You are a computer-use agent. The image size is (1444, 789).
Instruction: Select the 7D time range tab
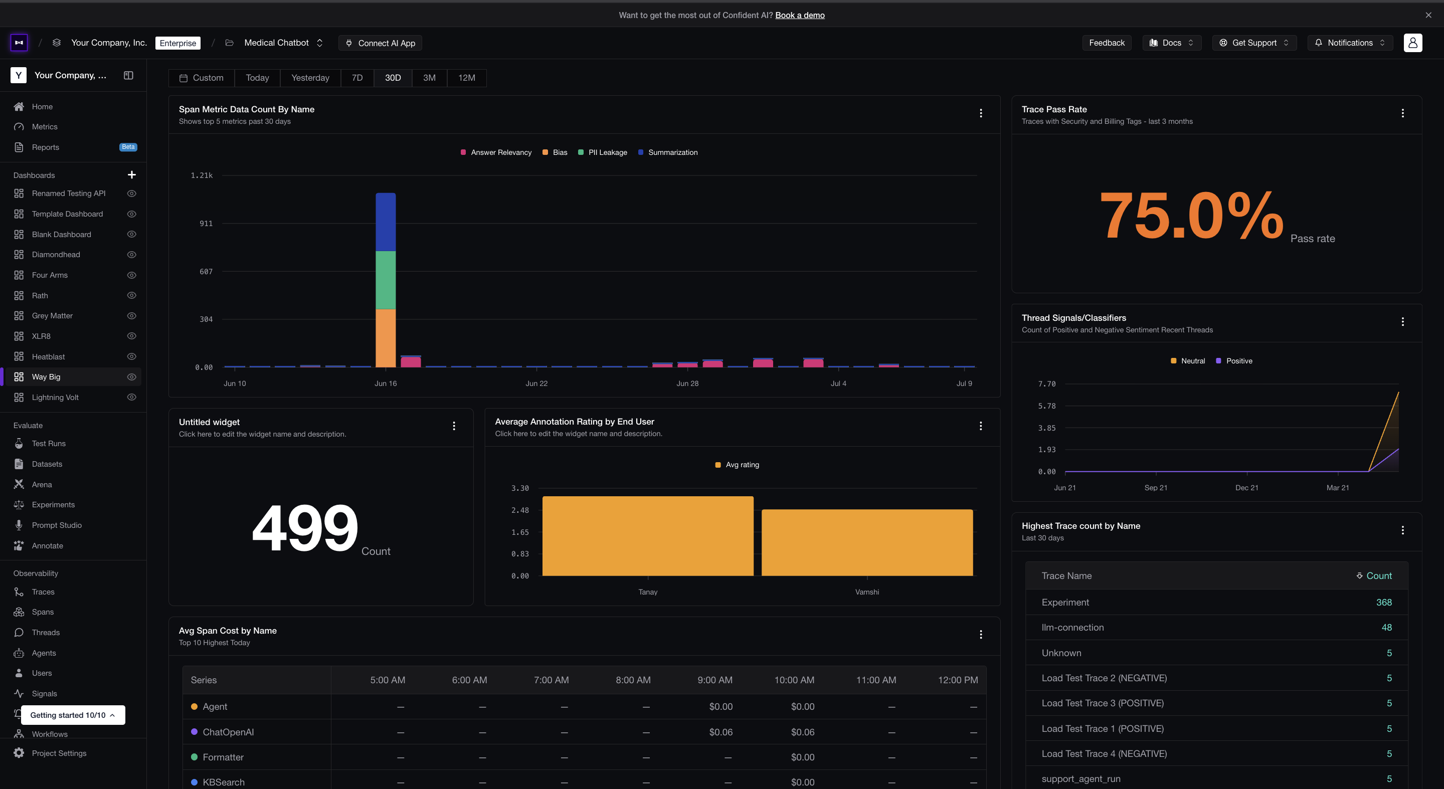(357, 78)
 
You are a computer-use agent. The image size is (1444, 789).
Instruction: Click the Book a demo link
(800, 15)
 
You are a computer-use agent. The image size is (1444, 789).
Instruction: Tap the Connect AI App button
(380, 43)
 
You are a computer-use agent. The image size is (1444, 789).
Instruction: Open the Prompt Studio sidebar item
(57, 525)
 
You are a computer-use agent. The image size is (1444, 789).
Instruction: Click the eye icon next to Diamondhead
(132, 255)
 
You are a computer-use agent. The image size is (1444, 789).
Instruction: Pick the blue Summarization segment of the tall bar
(386, 222)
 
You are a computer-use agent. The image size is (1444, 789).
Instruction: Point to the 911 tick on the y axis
(206, 224)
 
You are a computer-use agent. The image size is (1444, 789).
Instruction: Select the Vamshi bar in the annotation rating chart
(867, 542)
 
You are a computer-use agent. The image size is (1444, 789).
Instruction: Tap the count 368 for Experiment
(1383, 603)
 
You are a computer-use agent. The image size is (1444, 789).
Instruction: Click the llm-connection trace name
(1072, 628)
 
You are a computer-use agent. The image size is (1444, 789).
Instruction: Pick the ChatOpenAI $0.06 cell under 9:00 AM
(720, 732)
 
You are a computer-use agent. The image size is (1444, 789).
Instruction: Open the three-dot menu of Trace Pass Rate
(1402, 113)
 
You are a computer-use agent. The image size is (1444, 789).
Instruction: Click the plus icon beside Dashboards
(132, 175)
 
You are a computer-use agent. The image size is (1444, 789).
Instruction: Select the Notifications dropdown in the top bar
(1350, 43)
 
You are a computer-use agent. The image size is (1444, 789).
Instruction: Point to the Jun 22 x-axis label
(536, 383)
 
